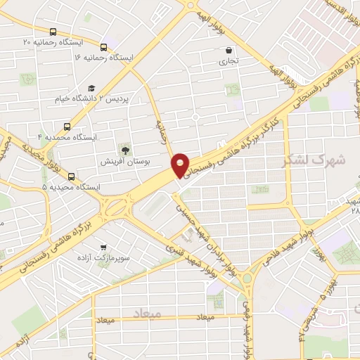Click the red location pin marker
(x=181, y=165)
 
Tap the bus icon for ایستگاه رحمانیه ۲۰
(x=54, y=32)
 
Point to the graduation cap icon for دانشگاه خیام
(x=91, y=89)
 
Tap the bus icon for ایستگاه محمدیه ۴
(x=66, y=127)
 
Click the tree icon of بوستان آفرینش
(x=124, y=150)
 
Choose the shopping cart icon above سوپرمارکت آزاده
(x=104, y=247)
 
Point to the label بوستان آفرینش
(x=117, y=162)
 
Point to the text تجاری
(x=231, y=62)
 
